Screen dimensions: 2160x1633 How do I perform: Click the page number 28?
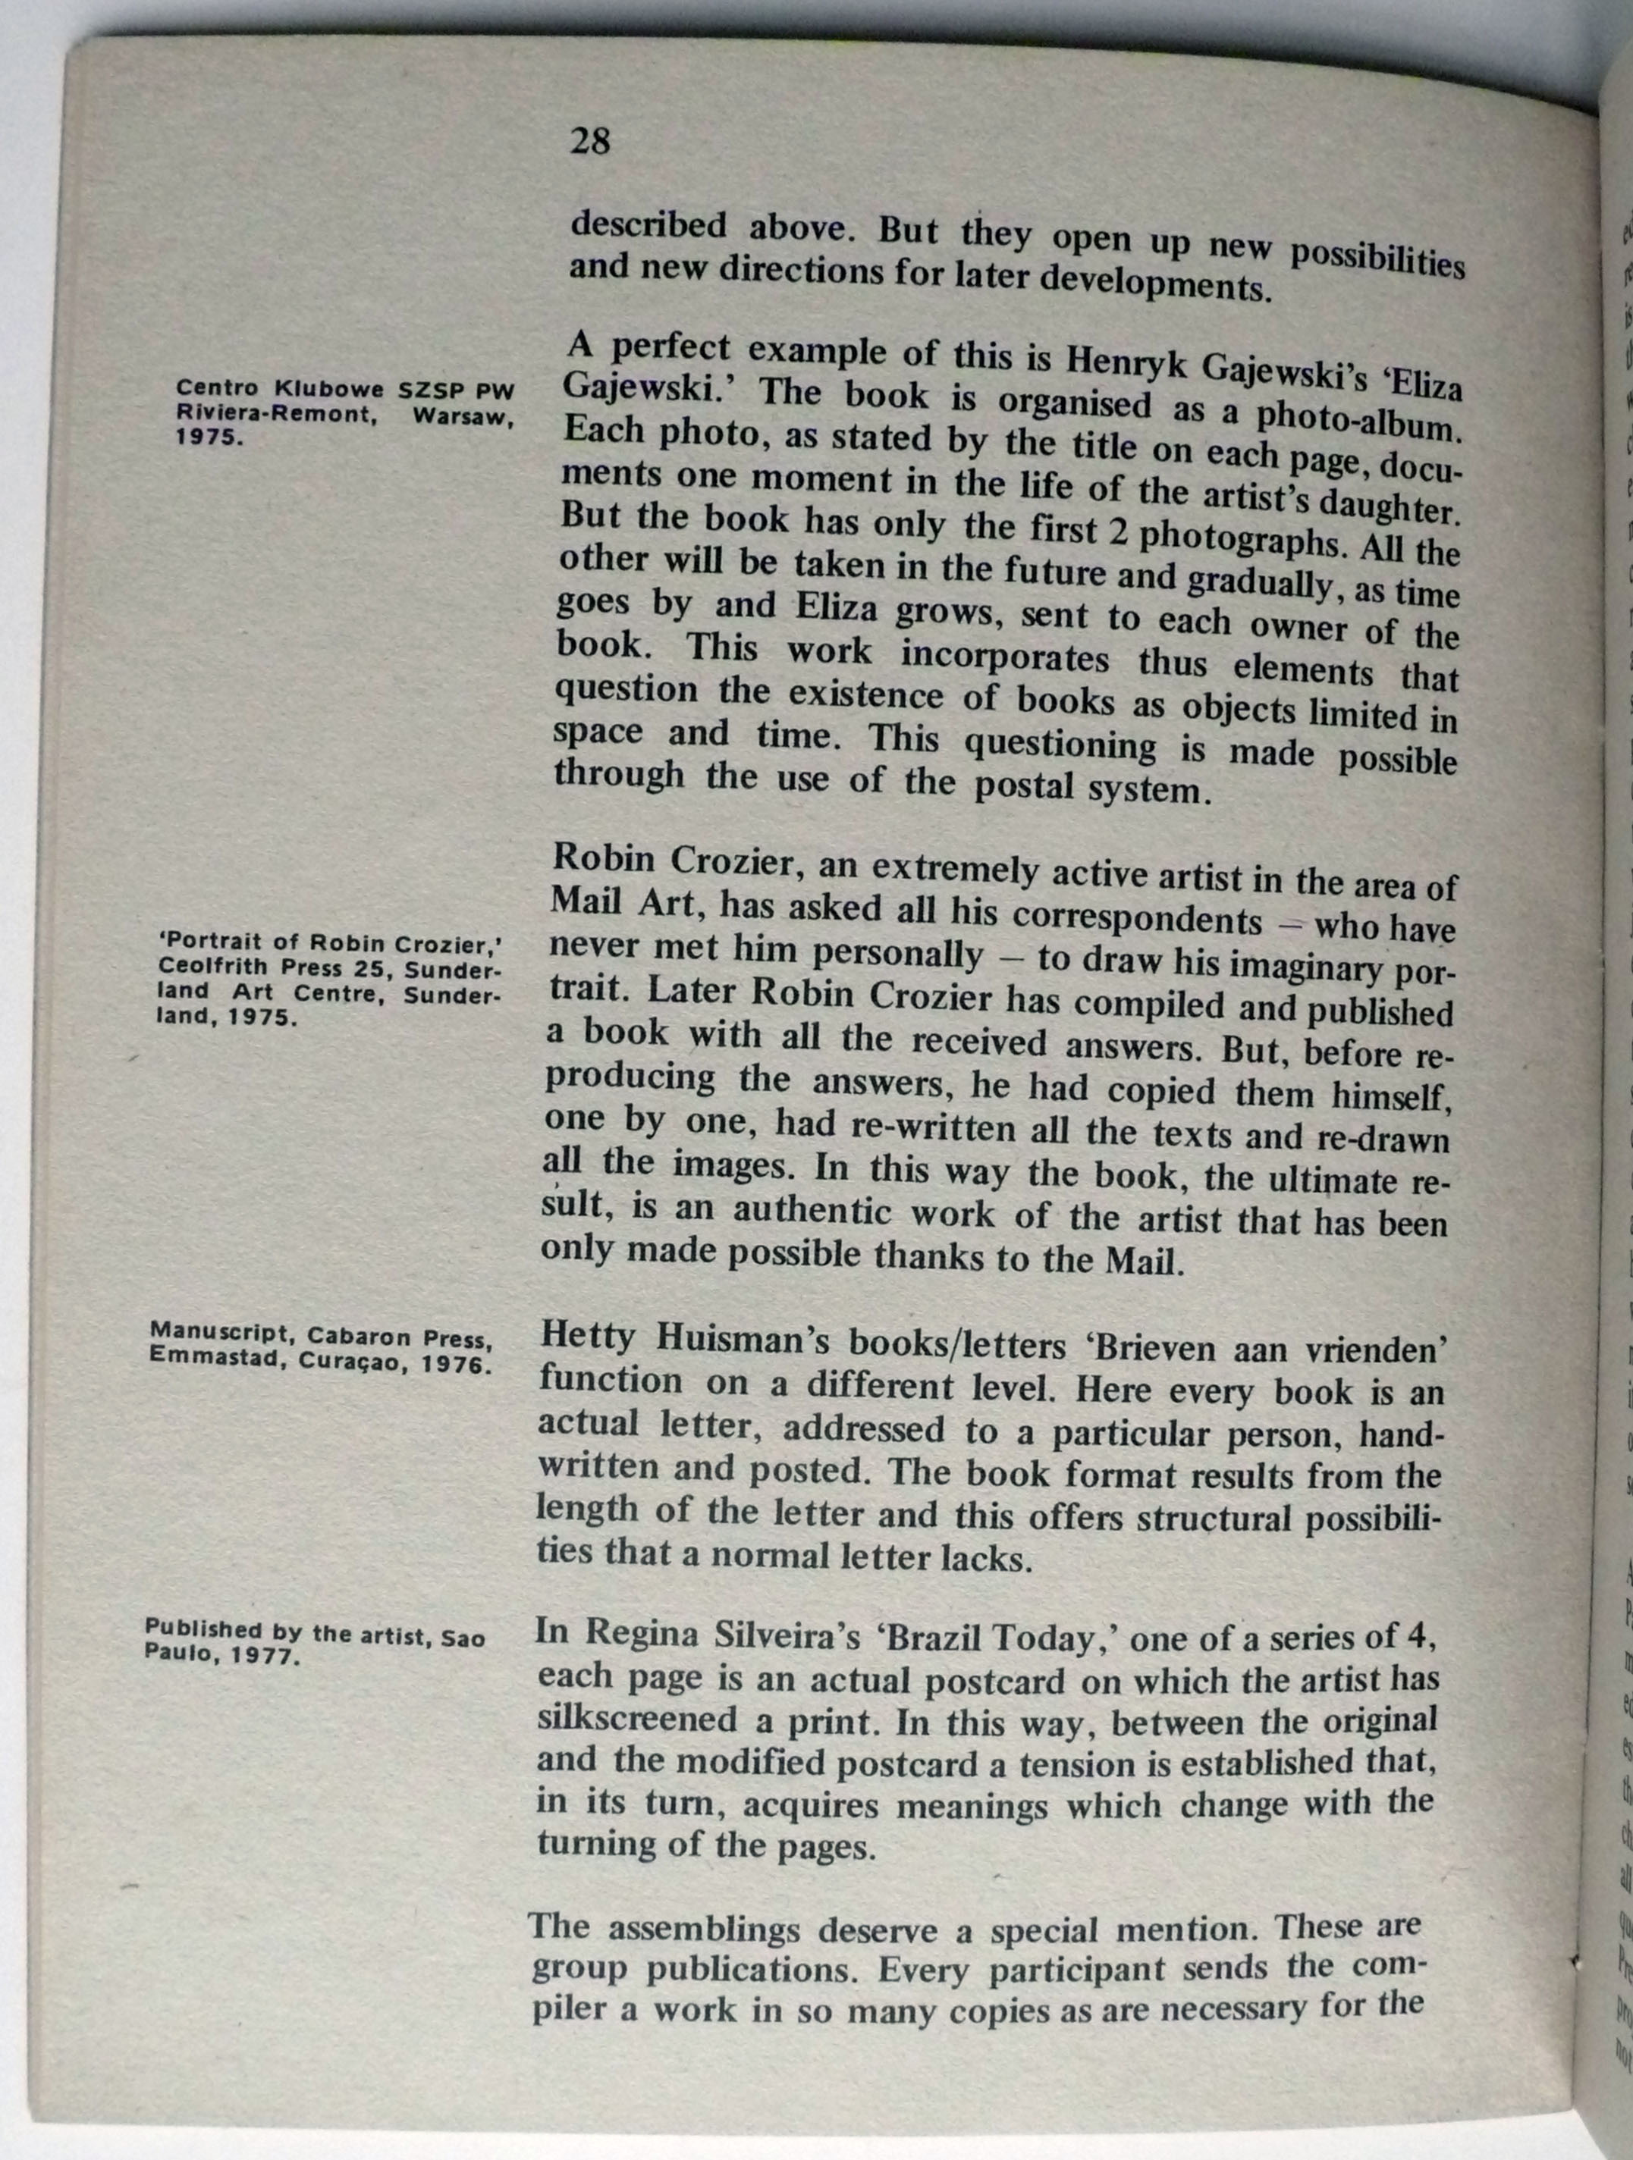tap(590, 143)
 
